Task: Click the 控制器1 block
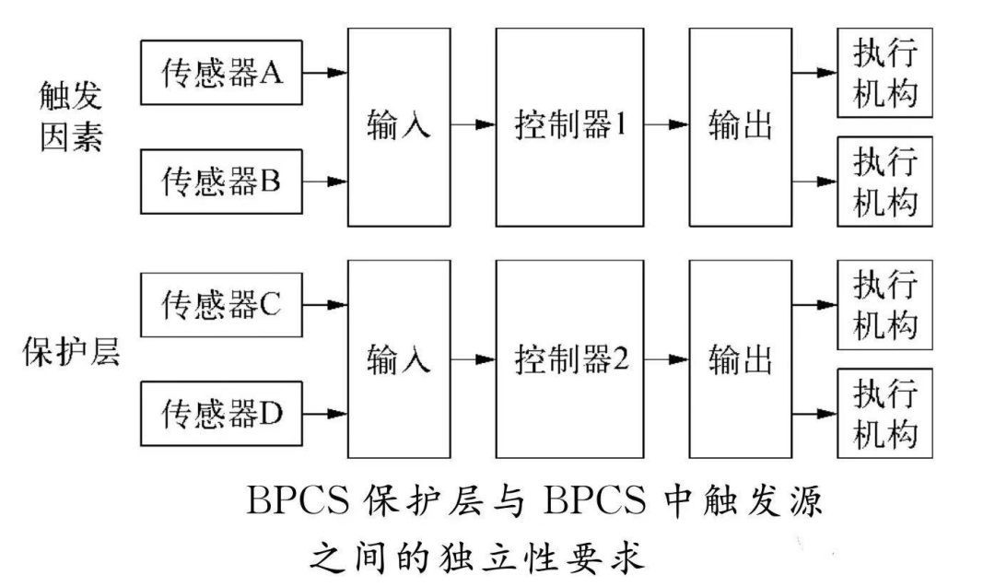tap(568, 126)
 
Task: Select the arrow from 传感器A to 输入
tap(325, 72)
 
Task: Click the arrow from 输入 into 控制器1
tap(473, 126)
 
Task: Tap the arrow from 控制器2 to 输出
tap(666, 358)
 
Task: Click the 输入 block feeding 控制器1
tap(399, 126)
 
